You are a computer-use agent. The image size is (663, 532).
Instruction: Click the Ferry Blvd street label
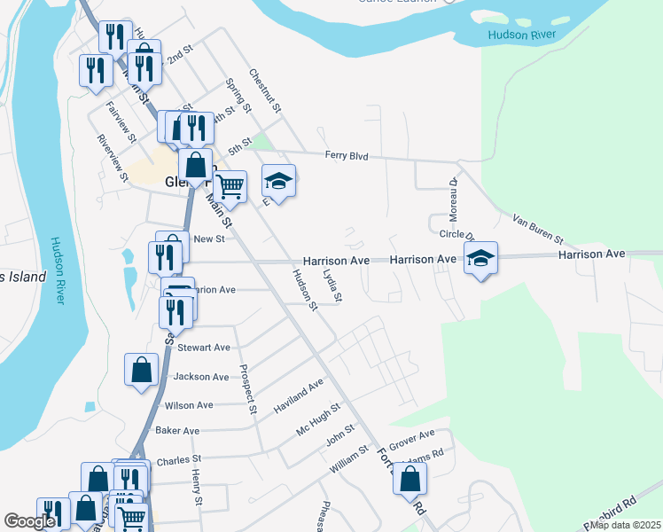346,156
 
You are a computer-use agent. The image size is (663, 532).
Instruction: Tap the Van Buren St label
538,228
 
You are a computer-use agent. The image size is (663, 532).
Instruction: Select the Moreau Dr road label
452,199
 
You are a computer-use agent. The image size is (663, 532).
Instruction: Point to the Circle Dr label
457,235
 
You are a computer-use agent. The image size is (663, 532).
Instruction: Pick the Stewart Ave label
204,348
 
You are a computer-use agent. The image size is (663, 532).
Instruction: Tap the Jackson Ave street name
201,377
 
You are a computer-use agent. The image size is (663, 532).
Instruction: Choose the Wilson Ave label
189,405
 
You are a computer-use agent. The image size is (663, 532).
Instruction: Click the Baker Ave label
177,431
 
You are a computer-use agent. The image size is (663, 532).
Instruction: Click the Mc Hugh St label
317,417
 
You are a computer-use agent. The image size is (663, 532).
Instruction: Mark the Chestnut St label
264,91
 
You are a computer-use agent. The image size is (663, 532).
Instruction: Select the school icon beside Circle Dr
480,258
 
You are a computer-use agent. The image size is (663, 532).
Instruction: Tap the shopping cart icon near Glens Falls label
230,186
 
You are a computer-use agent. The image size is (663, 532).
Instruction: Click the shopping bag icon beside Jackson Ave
142,370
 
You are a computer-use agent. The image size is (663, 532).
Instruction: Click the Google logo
29,522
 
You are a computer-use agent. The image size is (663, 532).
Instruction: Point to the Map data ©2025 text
626,525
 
